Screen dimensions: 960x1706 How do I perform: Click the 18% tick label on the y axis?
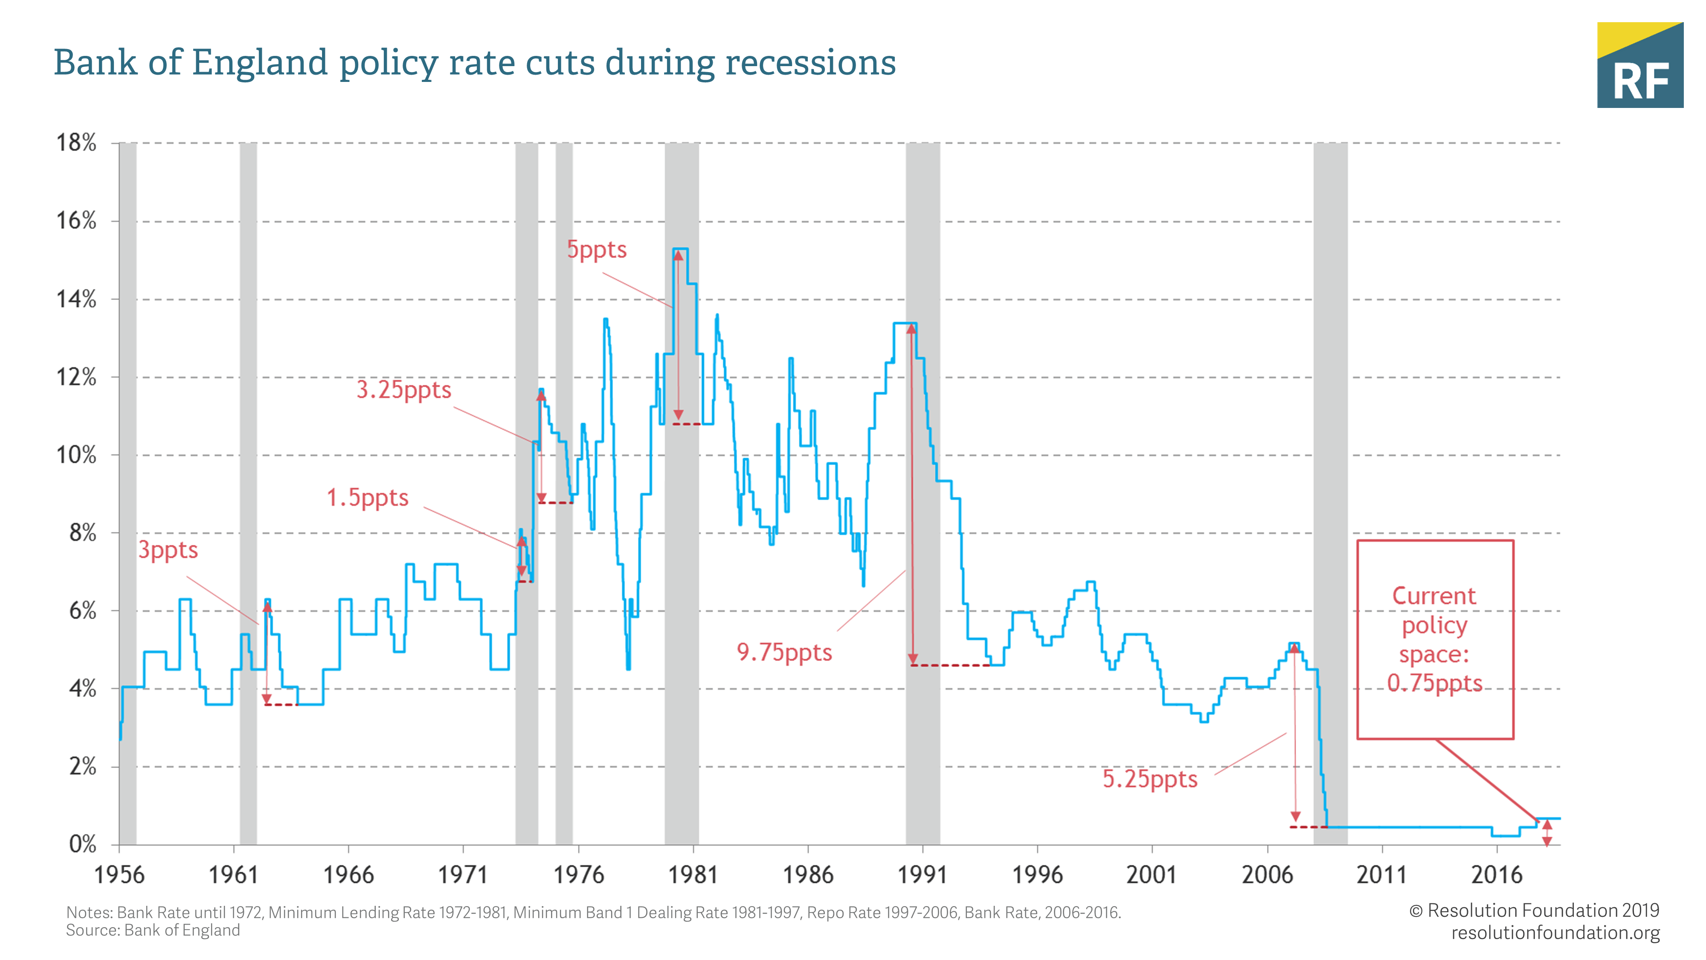point(76,143)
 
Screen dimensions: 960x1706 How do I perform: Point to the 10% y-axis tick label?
point(76,455)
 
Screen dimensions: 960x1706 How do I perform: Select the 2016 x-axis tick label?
point(1497,875)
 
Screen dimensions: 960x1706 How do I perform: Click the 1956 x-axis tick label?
point(119,875)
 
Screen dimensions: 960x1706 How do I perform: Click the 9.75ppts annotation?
point(784,653)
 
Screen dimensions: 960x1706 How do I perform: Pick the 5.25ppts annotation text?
point(1150,779)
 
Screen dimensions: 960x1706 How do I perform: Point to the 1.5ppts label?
point(368,497)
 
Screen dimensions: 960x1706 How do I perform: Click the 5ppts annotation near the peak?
point(597,250)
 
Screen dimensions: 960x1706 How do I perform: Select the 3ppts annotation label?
point(168,550)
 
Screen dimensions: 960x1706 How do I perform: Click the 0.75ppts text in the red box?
point(1434,683)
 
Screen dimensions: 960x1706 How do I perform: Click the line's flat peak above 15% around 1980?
point(680,249)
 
